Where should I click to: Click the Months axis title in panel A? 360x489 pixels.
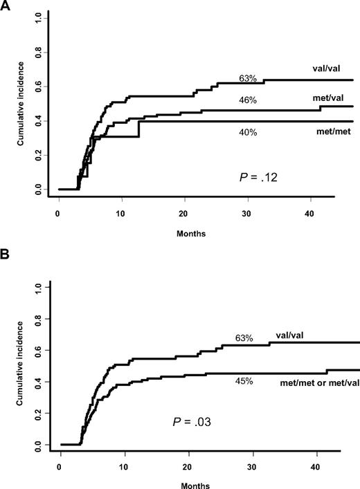[x=190, y=233]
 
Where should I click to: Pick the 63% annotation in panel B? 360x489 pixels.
[x=243, y=339]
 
